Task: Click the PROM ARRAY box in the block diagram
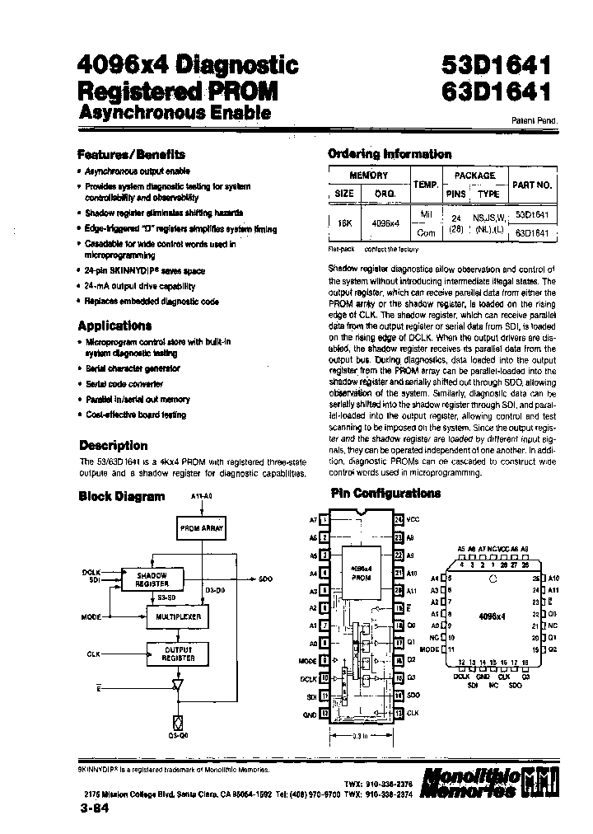coord(201,528)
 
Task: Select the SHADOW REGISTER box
coord(152,579)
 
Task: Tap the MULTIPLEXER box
coord(178,616)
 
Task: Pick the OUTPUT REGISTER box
coord(178,654)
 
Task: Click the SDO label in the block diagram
coord(265,580)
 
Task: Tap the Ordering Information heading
coord(390,154)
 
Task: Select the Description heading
coord(113,446)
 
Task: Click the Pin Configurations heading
coord(385,494)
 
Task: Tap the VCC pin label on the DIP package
coord(413,520)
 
